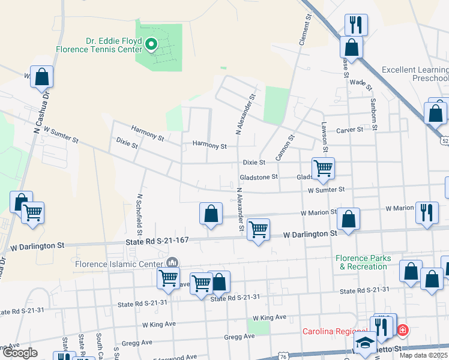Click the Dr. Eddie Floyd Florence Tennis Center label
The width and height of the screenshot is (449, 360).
99,46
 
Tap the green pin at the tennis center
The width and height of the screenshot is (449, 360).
152,44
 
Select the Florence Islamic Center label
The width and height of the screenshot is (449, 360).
118,263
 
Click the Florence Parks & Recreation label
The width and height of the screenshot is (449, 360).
364,262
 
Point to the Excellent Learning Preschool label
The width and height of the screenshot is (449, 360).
415,74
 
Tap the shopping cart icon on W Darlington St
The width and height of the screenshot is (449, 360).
258,229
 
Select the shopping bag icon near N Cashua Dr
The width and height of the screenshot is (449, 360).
41,77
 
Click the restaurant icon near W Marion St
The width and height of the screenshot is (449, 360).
427,213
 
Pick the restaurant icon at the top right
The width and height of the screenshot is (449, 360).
356,25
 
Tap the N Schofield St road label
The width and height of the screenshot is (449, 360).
139,214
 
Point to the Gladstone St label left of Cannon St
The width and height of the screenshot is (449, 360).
259,177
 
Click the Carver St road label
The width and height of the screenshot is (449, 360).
350,130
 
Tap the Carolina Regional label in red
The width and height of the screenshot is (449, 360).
334,331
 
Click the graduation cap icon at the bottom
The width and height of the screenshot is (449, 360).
364,343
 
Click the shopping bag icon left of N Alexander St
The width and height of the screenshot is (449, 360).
211,214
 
